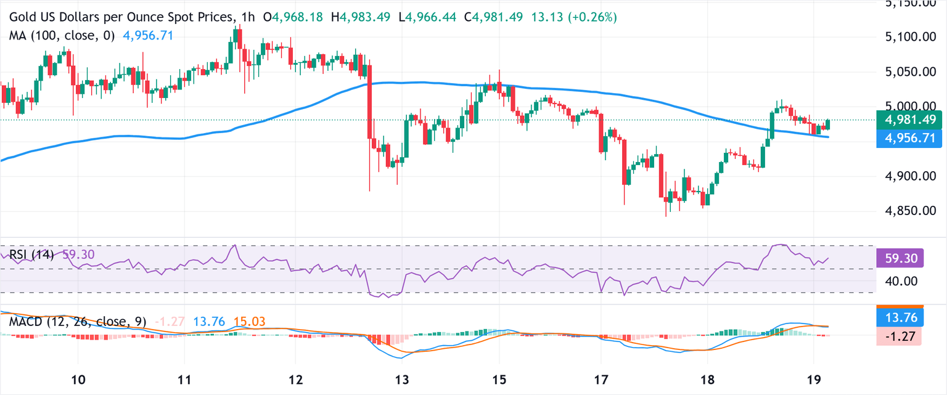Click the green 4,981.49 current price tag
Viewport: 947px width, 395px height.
pos(910,120)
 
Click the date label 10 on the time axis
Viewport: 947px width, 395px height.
pos(78,378)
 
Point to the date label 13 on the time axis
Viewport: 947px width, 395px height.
pos(402,378)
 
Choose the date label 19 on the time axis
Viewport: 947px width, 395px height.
pos(813,378)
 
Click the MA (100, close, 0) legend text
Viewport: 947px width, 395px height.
pos(62,36)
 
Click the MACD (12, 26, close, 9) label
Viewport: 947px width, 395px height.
pos(77,322)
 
